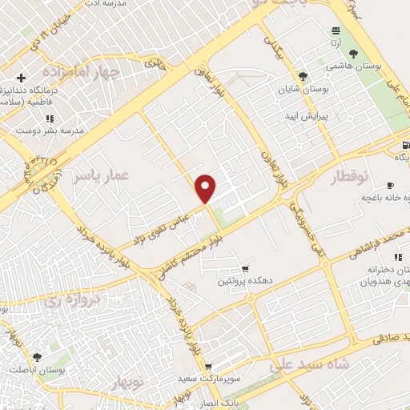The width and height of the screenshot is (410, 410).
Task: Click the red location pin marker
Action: (207, 187)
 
